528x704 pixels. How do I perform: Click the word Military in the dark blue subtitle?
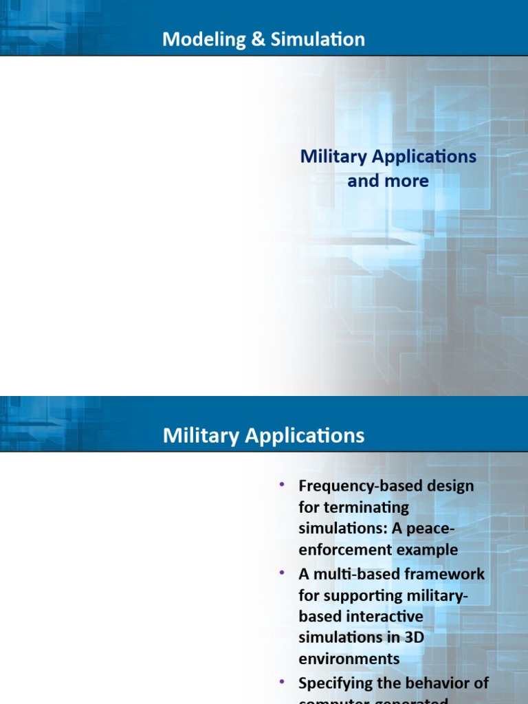click(332, 156)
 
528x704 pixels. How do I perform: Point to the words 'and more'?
click(388, 181)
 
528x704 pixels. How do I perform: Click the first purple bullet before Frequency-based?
click(281, 485)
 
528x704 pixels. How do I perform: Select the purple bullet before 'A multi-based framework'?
click(281, 572)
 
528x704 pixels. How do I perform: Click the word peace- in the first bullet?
click(432, 529)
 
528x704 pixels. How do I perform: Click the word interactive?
click(385, 616)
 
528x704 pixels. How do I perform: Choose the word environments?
click(349, 659)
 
